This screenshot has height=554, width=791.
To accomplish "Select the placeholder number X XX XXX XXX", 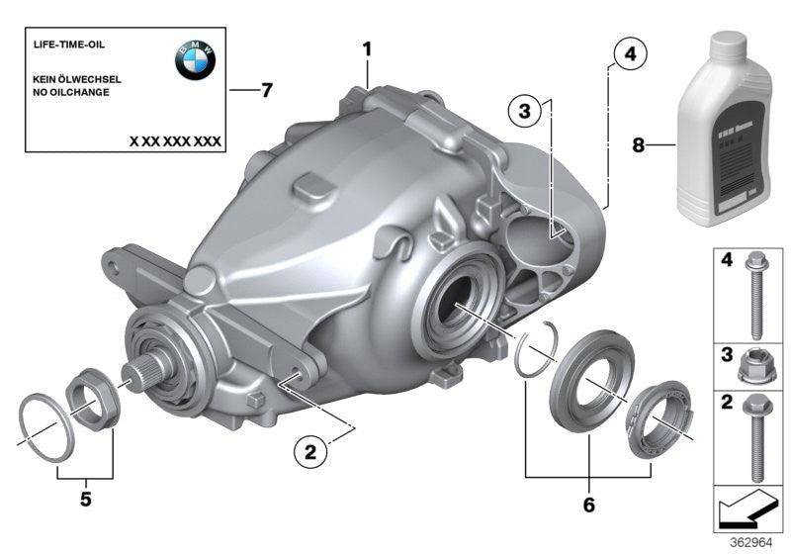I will click(x=175, y=141).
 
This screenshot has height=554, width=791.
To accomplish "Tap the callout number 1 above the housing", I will click(x=367, y=48).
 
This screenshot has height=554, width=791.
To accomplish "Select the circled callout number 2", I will click(x=309, y=452).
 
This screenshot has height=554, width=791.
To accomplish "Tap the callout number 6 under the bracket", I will click(x=589, y=506).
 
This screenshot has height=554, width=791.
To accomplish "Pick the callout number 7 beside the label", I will click(x=264, y=91).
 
